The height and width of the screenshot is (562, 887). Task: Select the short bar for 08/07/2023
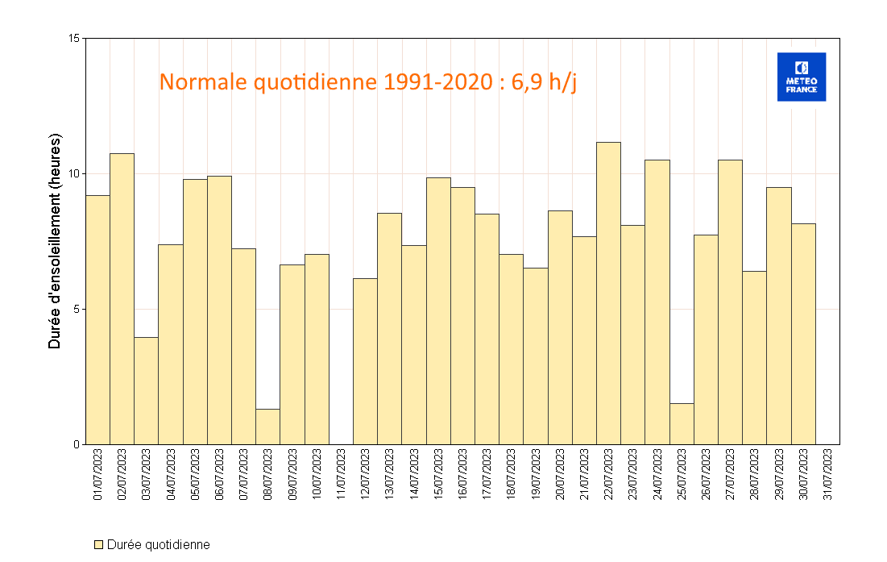click(x=267, y=427)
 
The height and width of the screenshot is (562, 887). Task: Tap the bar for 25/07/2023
click(x=682, y=423)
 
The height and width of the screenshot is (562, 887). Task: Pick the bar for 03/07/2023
click(x=146, y=390)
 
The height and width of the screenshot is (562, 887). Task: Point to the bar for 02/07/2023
click(x=122, y=298)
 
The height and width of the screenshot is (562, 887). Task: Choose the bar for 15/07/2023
click(x=438, y=310)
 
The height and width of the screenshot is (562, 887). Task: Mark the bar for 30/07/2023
click(x=803, y=334)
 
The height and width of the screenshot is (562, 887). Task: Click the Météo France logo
click(x=801, y=77)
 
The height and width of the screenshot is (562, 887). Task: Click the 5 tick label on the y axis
click(x=77, y=309)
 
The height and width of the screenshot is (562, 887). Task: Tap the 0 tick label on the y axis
click(x=77, y=444)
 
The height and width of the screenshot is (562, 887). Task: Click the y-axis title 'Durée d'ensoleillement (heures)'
click(x=55, y=242)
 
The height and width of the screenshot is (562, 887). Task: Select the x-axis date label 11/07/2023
click(x=341, y=476)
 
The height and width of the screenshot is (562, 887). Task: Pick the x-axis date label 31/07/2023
click(x=827, y=476)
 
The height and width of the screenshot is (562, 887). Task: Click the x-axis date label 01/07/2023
click(x=97, y=476)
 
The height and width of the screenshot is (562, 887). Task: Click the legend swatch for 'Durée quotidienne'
click(x=98, y=545)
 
